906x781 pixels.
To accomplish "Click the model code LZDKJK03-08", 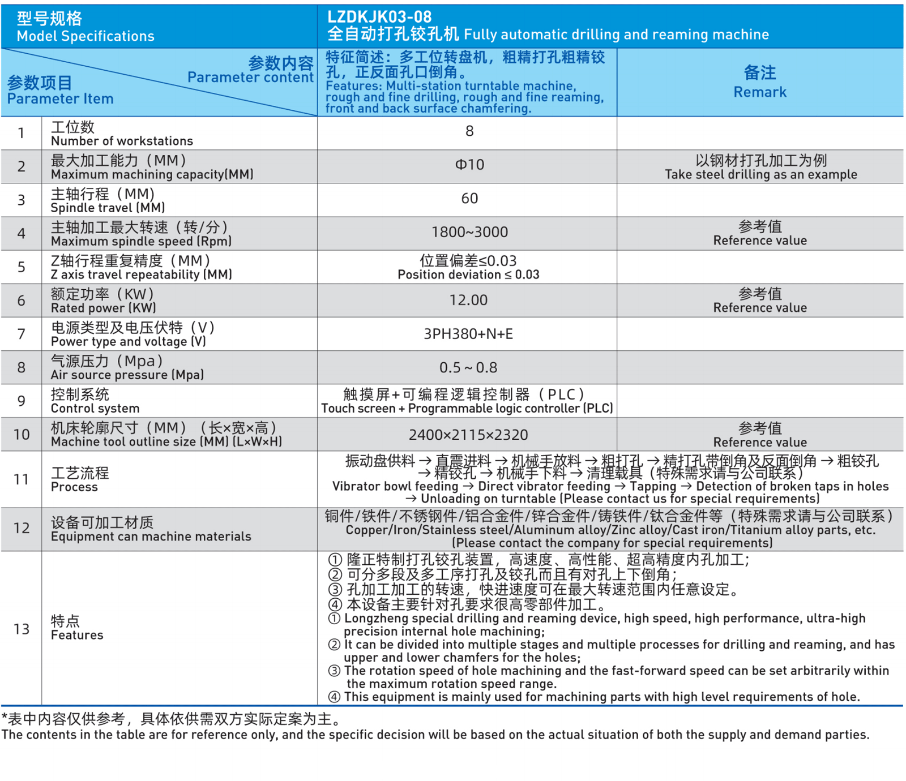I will click(379, 17).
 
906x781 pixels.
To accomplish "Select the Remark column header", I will click(760, 83).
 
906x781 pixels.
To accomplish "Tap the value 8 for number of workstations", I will click(469, 131).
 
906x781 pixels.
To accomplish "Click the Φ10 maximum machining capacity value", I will click(469, 165).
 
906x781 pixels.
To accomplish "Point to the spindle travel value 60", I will click(469, 199).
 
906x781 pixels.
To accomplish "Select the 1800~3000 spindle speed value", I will click(469, 232).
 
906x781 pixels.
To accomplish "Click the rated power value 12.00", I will click(468, 300).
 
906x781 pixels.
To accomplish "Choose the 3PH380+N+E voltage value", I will click(468, 334).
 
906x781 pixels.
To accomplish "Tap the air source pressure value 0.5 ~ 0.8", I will click(468, 368).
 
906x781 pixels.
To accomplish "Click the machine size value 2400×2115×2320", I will click(468, 435).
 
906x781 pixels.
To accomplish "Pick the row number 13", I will click(22, 629).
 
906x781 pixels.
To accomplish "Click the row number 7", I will click(22, 334).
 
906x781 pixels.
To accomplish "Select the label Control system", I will click(95, 409).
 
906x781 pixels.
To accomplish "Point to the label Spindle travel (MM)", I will click(108, 208).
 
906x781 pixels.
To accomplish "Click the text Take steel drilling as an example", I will click(760, 174).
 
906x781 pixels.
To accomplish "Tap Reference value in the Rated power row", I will click(760, 308).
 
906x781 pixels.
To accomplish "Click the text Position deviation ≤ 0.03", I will click(468, 275).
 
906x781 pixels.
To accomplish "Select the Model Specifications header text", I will click(86, 36).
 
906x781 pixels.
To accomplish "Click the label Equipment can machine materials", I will click(151, 537).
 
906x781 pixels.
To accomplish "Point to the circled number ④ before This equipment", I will click(334, 697).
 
